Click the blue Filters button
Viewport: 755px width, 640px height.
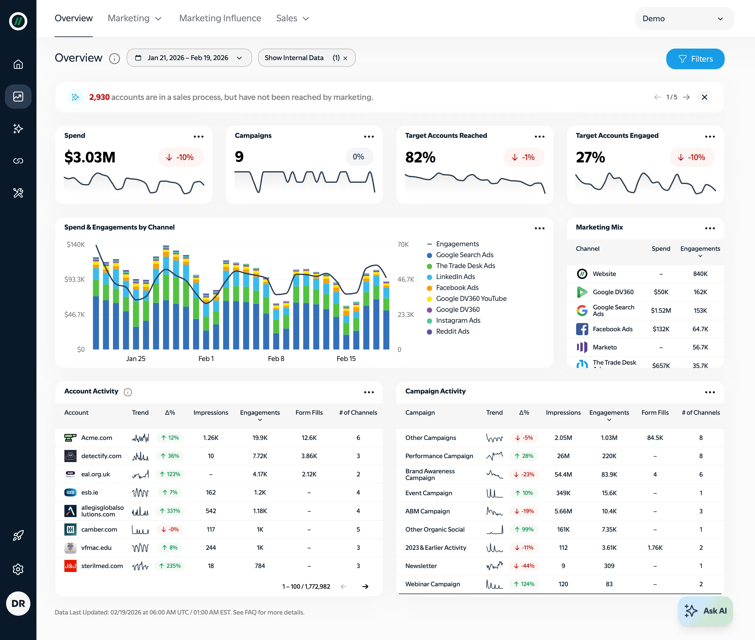click(695, 59)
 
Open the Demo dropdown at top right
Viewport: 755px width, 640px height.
click(684, 19)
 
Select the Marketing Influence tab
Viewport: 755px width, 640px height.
click(220, 18)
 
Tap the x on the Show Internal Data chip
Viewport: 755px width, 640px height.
click(345, 58)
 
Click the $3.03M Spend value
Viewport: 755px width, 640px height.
click(90, 157)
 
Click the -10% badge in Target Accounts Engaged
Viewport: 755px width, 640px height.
click(692, 157)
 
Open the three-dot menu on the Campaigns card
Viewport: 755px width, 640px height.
click(369, 136)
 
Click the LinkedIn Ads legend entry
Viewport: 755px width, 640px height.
click(455, 277)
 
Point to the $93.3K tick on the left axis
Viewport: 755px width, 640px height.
click(74, 279)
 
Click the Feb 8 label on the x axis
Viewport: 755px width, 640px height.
click(276, 359)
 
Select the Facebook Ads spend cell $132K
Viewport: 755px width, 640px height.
click(661, 329)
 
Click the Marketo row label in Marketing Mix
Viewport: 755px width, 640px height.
click(604, 347)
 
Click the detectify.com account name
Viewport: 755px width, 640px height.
click(101, 456)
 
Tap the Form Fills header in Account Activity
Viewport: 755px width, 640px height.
click(309, 413)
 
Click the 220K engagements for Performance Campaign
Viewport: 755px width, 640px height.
click(609, 456)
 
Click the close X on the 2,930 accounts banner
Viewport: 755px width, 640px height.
click(704, 97)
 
